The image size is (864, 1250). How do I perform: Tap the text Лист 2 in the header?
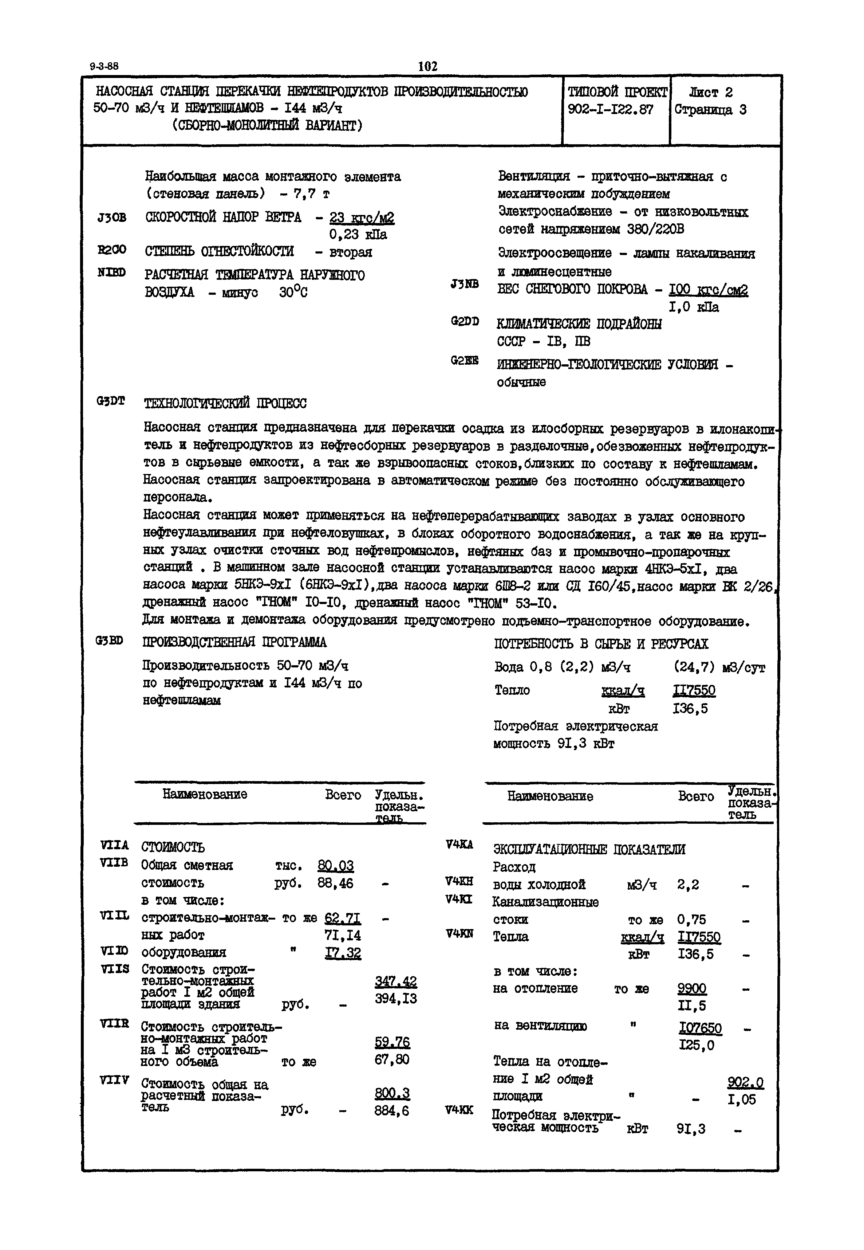(710, 93)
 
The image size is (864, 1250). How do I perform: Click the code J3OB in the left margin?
(112, 218)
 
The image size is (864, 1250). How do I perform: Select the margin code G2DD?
(465, 321)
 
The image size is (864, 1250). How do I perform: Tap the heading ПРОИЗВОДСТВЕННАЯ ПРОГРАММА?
(234, 642)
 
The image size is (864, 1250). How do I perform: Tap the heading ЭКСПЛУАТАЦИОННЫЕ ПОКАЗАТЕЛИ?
(589, 849)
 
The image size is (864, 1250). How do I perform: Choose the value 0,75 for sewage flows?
(691, 919)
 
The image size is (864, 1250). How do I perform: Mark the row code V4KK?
(458, 1110)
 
